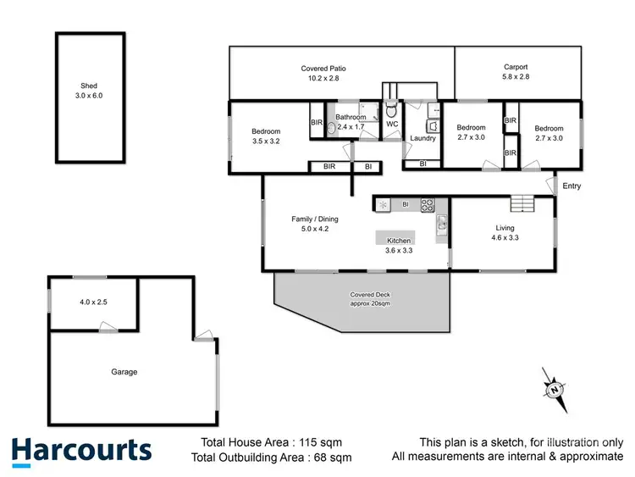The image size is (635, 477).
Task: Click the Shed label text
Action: [89, 86]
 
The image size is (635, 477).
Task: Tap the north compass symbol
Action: [555, 390]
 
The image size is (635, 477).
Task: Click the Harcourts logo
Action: [81, 450]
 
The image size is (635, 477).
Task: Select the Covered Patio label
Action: [323, 68]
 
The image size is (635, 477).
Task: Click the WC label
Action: [391, 125]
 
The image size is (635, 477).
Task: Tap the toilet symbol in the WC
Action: [391, 110]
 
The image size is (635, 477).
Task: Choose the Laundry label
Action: [422, 138]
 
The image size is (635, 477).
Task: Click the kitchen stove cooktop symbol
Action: [428, 204]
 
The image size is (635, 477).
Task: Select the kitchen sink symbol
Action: [441, 224]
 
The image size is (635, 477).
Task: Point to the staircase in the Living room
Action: [522, 204]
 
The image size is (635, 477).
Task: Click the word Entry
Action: [571, 186]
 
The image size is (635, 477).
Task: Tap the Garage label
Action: [124, 372]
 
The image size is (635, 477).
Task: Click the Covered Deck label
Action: [370, 295]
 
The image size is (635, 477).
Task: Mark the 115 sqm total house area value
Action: [331, 442]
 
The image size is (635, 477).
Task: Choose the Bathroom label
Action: [351, 117]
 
